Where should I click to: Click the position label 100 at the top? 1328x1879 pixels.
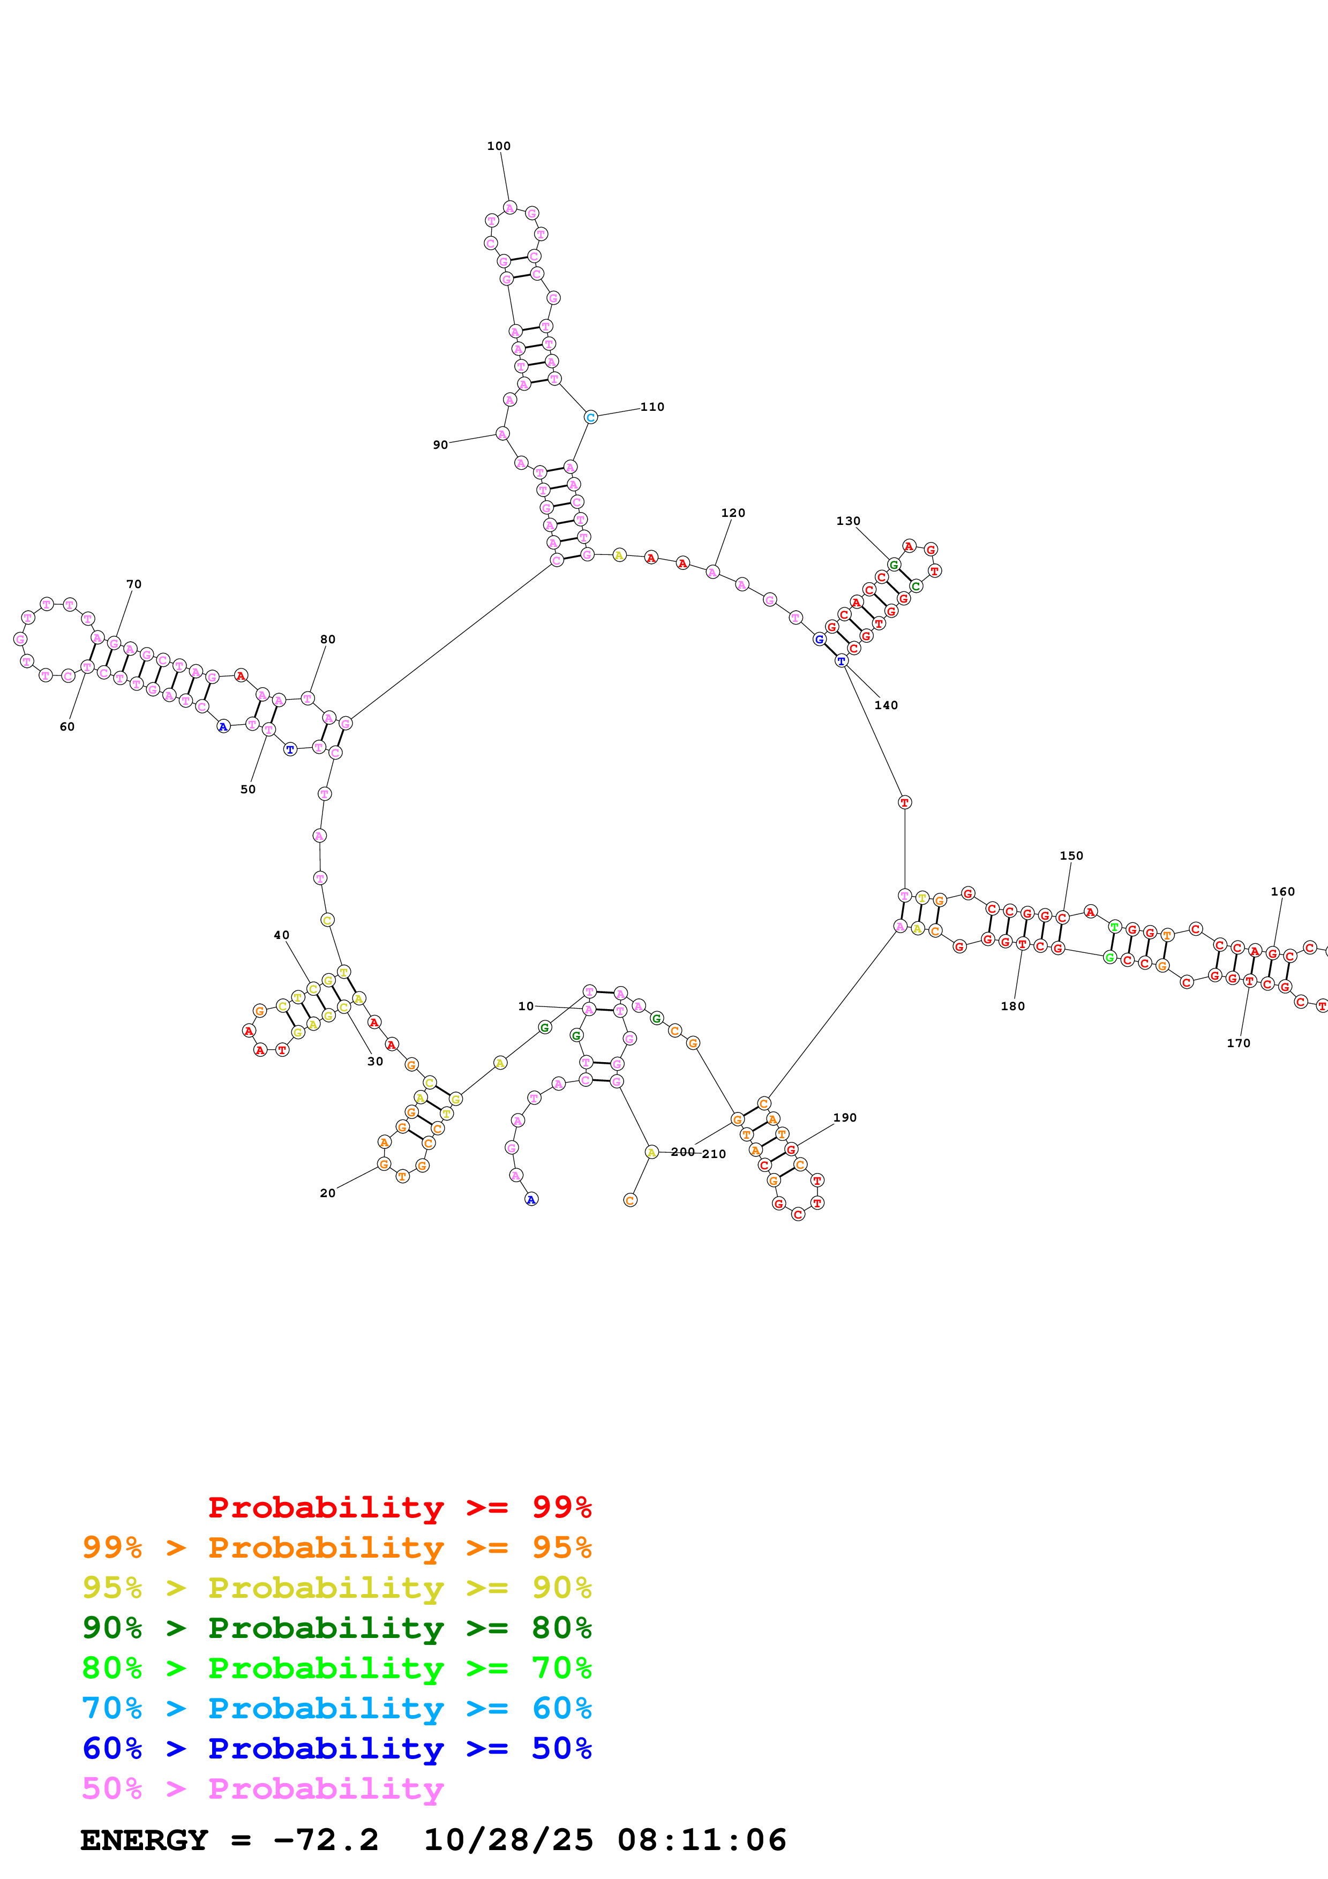click(x=498, y=146)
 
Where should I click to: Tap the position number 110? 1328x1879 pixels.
click(x=652, y=407)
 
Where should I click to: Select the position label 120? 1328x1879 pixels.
click(x=733, y=513)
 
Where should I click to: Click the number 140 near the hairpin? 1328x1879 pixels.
click(x=886, y=705)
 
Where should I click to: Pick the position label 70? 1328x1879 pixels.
click(x=134, y=584)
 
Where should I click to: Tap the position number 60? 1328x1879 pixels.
click(x=67, y=727)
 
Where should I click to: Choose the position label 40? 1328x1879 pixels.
click(x=281, y=935)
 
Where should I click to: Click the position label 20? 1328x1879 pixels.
click(x=327, y=1193)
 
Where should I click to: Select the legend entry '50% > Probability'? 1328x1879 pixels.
click(x=262, y=1788)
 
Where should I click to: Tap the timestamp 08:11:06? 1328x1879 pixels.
click(x=702, y=1840)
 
